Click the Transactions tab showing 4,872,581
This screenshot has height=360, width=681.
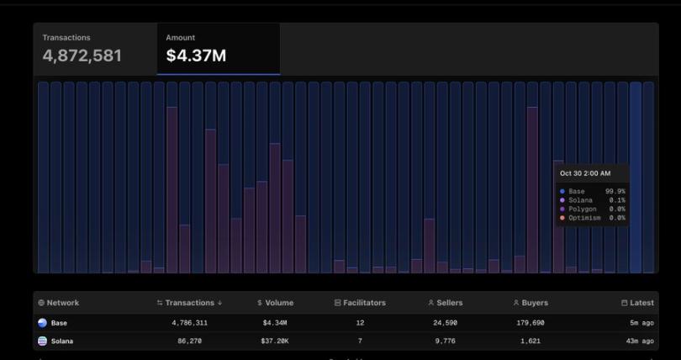[x=82, y=49]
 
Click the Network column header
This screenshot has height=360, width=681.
[x=59, y=303]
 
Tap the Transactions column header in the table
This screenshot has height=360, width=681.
[x=189, y=303]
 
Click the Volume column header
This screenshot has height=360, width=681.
[x=275, y=303]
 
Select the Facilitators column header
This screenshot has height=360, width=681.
[x=360, y=303]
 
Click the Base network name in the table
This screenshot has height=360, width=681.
[x=59, y=323]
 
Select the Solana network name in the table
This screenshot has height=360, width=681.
[x=62, y=341]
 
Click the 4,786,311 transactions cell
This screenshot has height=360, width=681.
[x=189, y=323]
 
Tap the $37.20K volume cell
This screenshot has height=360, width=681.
[x=274, y=341]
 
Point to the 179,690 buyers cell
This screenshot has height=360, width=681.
[x=530, y=323]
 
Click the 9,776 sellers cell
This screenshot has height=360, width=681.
[x=445, y=341]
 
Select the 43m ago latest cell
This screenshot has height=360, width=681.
[x=641, y=341]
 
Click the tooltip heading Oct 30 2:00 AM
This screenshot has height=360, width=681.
[x=585, y=173]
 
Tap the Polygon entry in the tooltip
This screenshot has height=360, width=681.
[x=582, y=209]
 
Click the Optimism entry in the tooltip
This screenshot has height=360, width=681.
[x=584, y=218]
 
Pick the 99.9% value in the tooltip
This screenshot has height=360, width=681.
[x=615, y=192]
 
